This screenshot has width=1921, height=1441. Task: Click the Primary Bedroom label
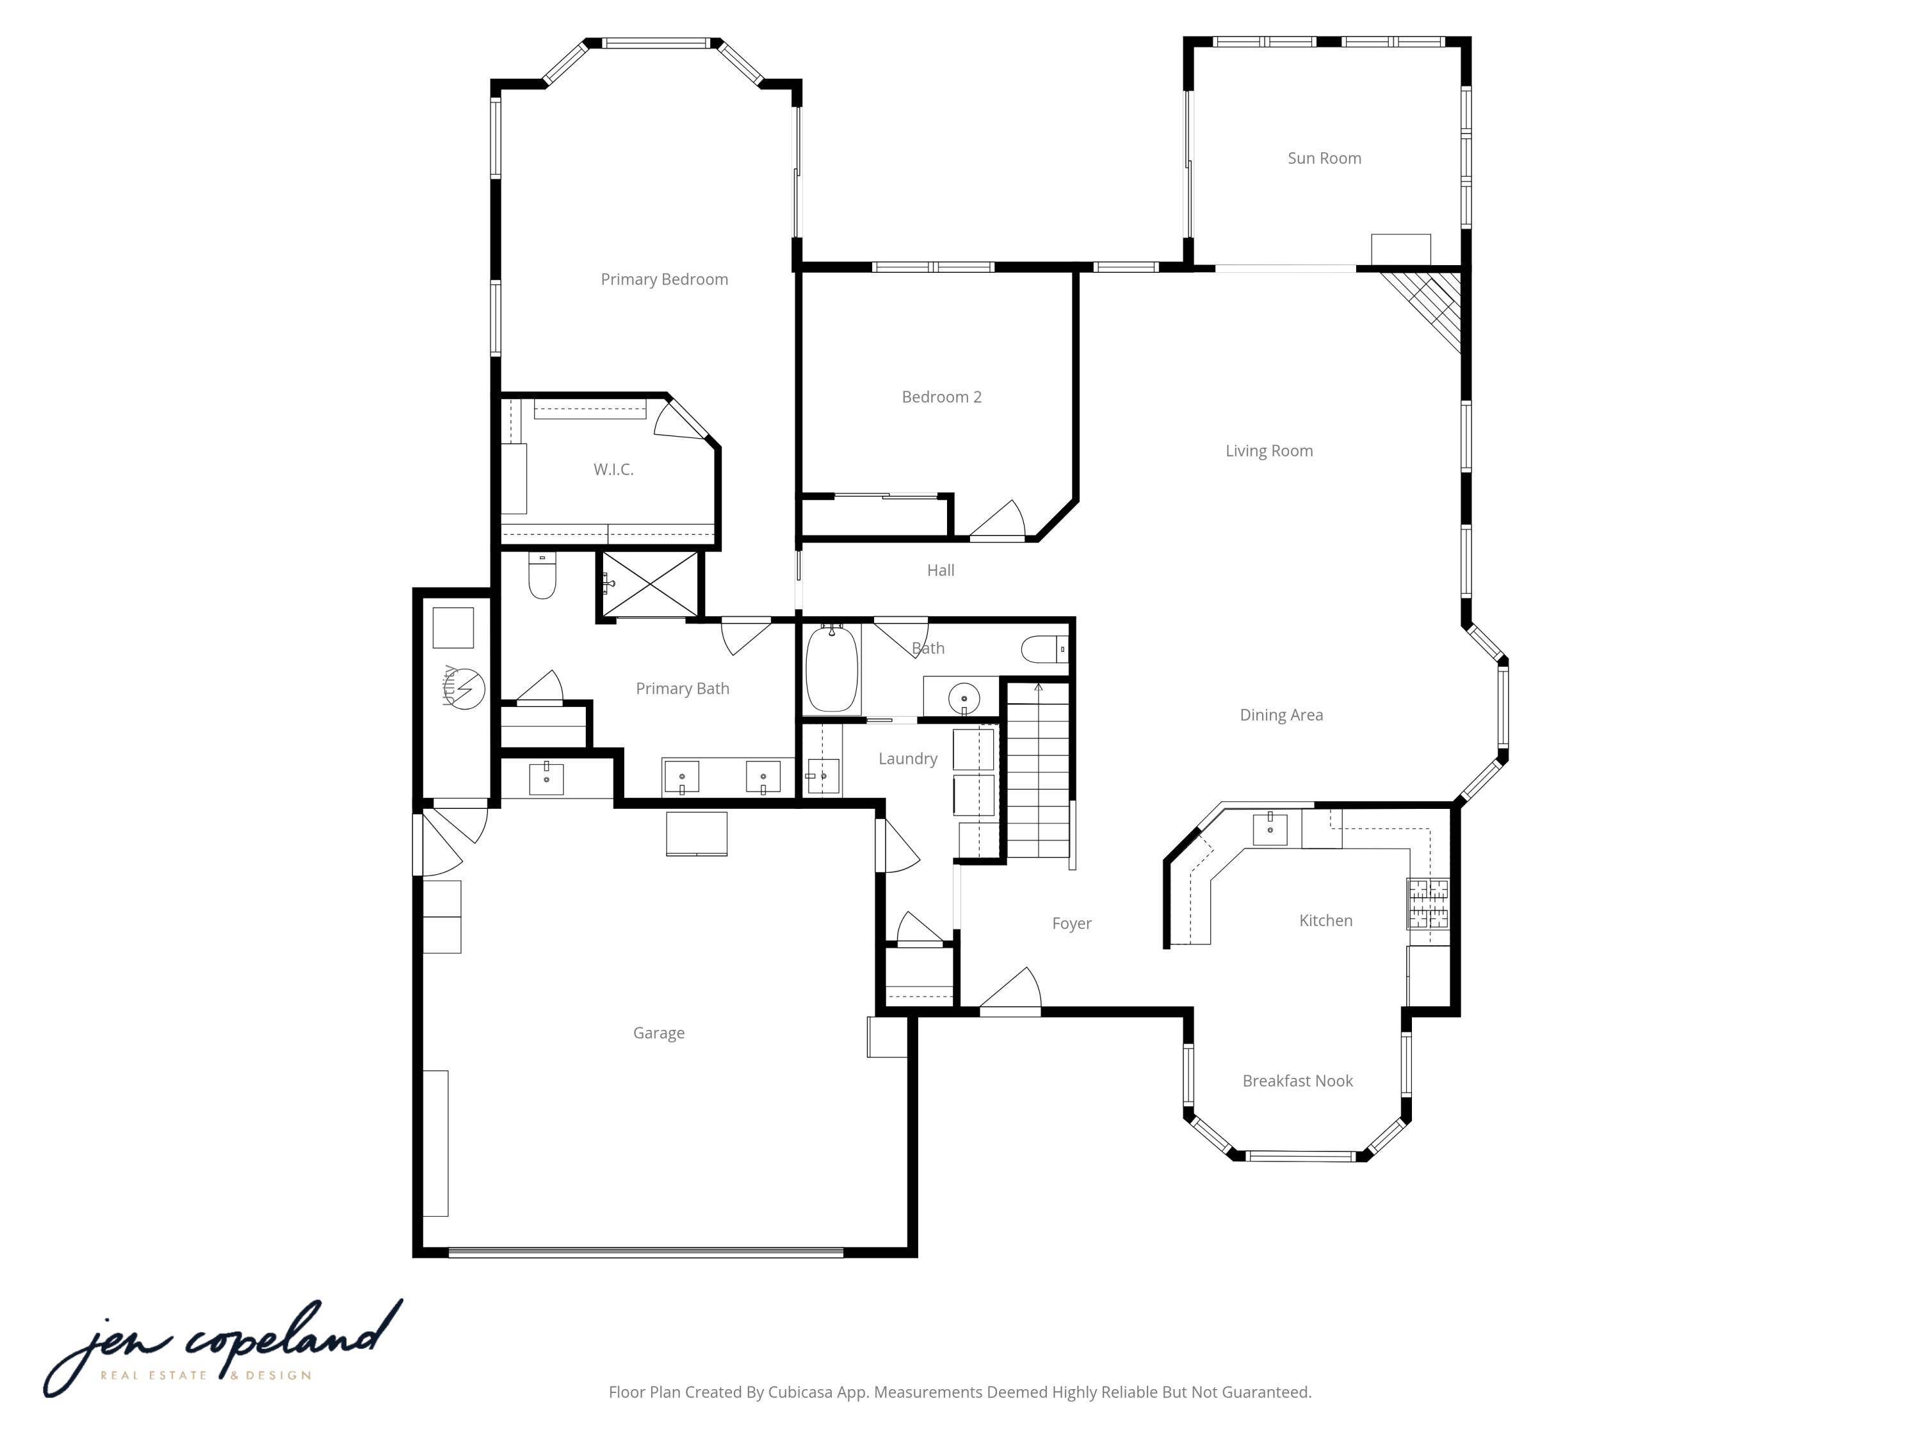[x=665, y=279]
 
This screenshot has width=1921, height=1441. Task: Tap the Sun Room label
[x=1324, y=158]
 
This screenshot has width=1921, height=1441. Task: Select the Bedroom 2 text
[x=941, y=397]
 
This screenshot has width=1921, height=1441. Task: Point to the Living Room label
[x=1269, y=451]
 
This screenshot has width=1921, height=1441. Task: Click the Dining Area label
[x=1281, y=715]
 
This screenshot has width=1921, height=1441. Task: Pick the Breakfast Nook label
[x=1297, y=1080]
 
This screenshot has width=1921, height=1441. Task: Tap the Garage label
[x=658, y=1033]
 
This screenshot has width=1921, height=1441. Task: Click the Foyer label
[x=1072, y=924]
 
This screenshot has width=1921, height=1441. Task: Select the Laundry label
[x=907, y=758]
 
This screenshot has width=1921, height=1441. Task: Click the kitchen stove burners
[x=1428, y=903]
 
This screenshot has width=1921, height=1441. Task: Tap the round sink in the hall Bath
[x=964, y=698]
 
